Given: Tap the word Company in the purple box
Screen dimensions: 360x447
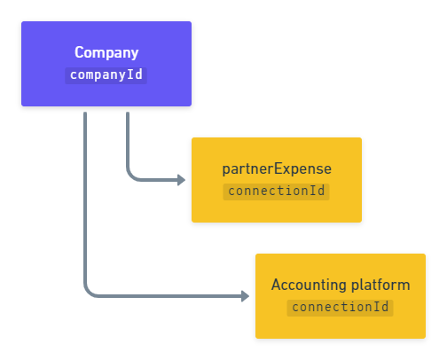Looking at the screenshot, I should pos(106,53).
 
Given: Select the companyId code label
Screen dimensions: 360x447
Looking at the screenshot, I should pos(106,74).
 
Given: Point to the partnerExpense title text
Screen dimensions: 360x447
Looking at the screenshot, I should pos(276,168).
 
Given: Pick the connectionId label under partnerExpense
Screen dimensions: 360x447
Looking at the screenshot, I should pos(276,191).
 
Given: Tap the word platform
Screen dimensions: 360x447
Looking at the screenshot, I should pos(379,285).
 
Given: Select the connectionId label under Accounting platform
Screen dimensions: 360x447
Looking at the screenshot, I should pos(341,307).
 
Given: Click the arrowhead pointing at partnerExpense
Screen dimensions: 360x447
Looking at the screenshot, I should pos(182,180).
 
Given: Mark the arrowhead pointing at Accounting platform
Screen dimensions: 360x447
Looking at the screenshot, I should pos(246,296).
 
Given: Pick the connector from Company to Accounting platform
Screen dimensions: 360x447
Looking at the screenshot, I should pos(85,204).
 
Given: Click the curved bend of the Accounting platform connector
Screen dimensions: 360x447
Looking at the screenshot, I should pos(89,292).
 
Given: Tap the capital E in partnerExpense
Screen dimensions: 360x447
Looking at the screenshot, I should pos(273,168).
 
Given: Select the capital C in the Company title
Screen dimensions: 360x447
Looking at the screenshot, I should pos(79,53).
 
